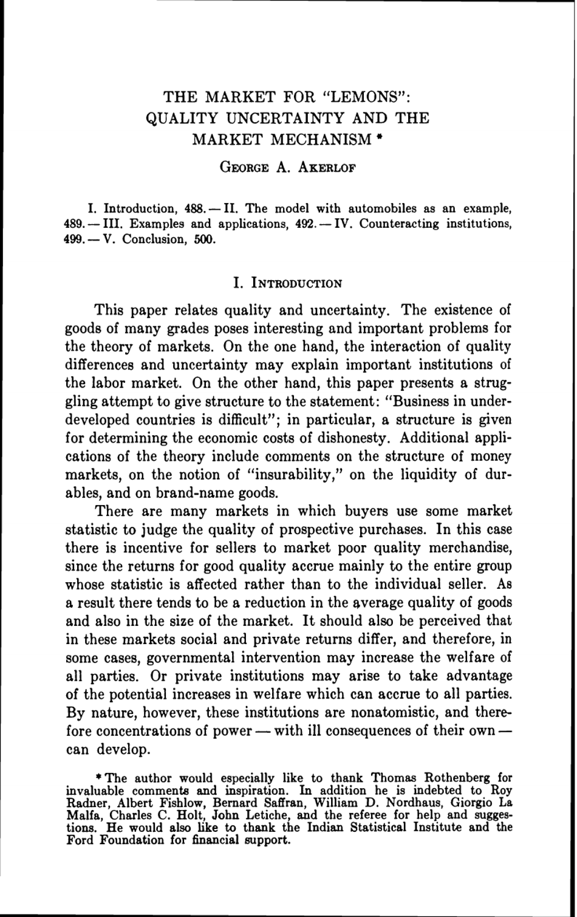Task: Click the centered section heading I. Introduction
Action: click(x=288, y=283)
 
